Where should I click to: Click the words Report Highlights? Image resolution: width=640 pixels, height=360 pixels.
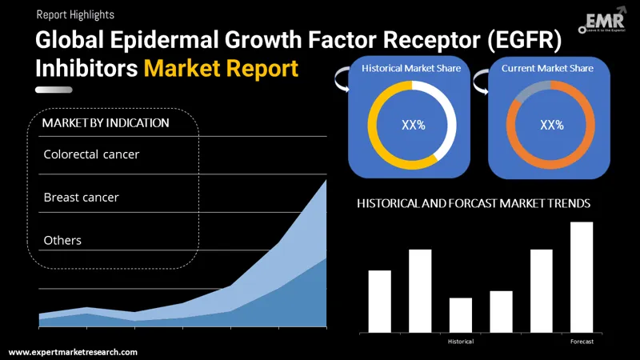point(75,14)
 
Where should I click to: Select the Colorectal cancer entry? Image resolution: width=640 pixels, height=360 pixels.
point(91,154)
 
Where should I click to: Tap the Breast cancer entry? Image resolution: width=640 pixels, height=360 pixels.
point(81,197)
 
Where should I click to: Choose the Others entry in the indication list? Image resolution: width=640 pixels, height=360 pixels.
point(62,240)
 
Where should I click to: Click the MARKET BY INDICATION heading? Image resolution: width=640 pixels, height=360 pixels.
point(106,123)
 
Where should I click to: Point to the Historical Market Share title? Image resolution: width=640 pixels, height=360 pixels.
point(411,69)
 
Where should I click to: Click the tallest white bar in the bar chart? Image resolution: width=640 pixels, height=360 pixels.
point(582,277)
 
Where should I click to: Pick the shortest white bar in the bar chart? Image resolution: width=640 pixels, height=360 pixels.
point(461,315)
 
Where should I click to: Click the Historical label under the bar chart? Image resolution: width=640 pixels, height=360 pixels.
point(461,342)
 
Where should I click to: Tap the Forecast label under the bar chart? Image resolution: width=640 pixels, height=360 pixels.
point(582,342)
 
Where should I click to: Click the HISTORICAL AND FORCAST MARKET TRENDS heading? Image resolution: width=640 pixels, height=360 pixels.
point(474,204)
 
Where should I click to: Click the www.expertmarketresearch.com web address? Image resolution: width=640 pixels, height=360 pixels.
point(73,352)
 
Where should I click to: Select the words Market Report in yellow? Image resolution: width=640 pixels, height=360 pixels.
point(221,69)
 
